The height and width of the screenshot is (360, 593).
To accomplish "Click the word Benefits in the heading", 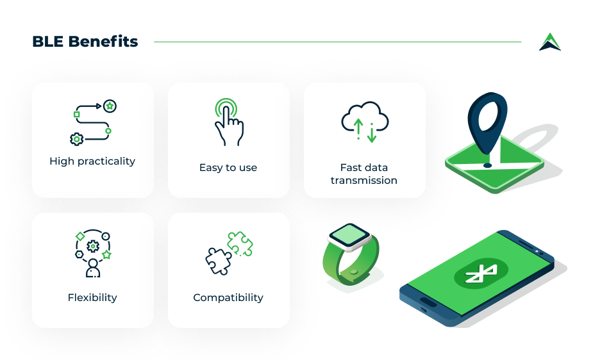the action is pos(103,42).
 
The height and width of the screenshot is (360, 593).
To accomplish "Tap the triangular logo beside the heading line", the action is pos(550,42).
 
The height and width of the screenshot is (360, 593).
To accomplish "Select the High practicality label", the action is pos(92,161).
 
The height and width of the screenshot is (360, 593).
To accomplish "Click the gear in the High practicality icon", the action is pos(77,140).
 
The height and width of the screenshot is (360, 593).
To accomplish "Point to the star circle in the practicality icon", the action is pos(110,106).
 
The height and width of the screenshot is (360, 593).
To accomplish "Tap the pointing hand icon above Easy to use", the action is pos(229,122).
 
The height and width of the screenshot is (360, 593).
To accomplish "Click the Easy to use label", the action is pos(228,167).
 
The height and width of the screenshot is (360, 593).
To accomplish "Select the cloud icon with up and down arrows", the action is pos(365,122).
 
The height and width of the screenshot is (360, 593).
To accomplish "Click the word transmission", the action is pos(364,180).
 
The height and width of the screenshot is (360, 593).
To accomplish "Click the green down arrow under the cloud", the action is pos(372,133).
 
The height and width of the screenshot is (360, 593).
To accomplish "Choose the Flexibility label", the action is pos(92,298).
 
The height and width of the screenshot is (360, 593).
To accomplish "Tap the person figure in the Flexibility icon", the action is pos(93,268).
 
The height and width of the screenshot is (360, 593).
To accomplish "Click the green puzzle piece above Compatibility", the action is pos(240,243).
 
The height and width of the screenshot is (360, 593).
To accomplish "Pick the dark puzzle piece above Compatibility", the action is pos(218,261).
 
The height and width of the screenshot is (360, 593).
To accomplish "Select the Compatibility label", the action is pos(228,298).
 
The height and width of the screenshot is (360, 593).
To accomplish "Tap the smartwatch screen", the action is pos(349,235).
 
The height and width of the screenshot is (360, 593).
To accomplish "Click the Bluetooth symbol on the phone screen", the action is pos(481,273).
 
